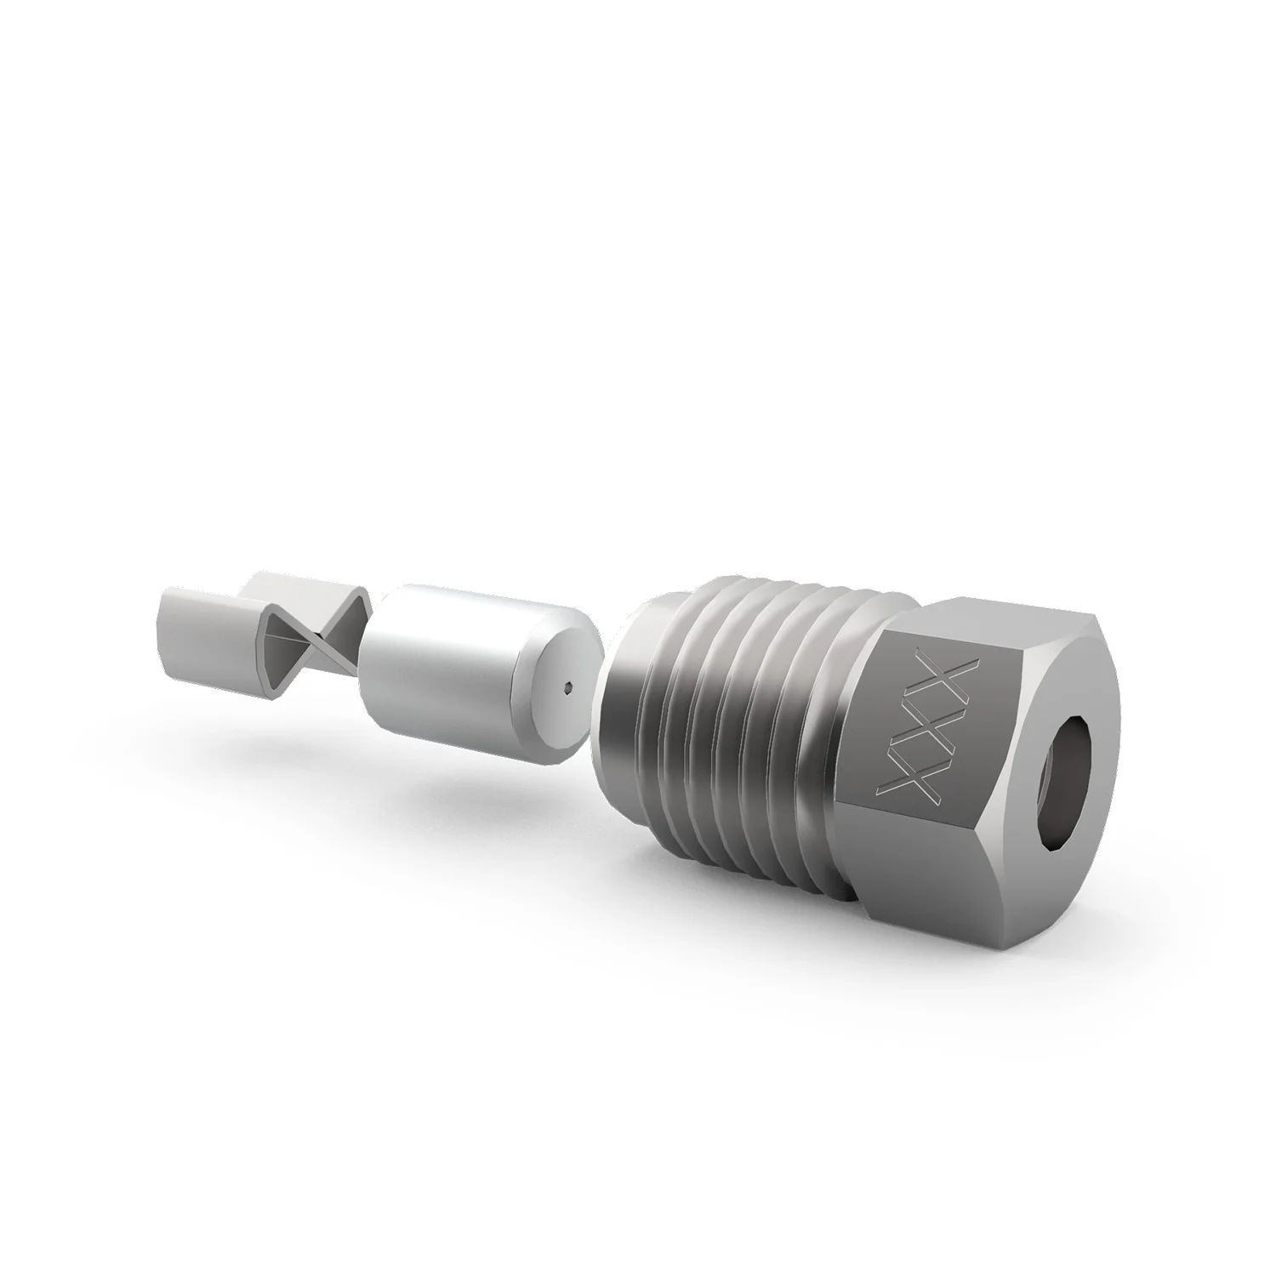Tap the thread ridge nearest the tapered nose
coord(672,681)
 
